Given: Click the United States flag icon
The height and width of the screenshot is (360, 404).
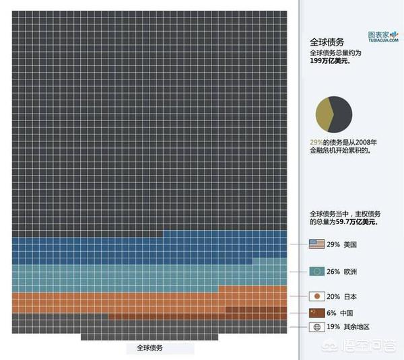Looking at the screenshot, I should click(316, 244).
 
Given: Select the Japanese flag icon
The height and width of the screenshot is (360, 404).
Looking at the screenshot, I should click(316, 296).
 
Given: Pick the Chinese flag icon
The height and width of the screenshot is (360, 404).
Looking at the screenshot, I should click(316, 313).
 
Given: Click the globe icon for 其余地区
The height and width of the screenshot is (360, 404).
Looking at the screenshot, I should click(316, 328).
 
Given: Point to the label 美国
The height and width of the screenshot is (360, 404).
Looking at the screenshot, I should click(349, 244).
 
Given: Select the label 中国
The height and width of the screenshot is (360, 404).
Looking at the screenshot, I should click(346, 313).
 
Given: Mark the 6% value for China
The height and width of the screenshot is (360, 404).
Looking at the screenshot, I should click(332, 313).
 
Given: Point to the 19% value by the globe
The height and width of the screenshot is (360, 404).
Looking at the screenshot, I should click(333, 328).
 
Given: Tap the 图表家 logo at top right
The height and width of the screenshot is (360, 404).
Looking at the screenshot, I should click(383, 35).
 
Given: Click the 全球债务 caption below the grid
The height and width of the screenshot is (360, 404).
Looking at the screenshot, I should click(149, 349).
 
